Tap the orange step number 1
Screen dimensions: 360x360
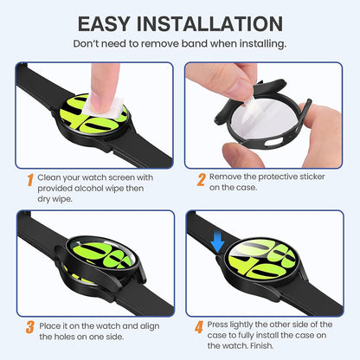point(29,180)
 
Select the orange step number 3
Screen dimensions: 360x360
point(29,327)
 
